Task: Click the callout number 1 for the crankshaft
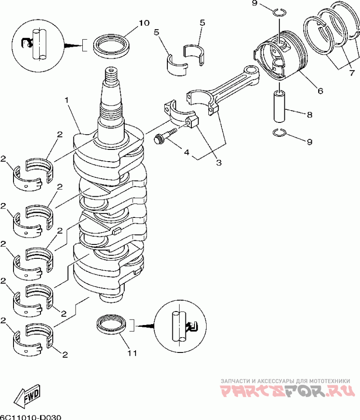pos(67,100)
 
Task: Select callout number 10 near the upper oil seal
pos(144,23)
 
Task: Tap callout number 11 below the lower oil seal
pos(132,353)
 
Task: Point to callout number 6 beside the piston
pos(320,91)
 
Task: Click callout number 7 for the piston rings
pos(352,72)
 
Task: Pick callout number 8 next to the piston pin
pos(310,115)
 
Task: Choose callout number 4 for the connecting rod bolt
pos(187,152)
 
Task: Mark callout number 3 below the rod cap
pos(219,163)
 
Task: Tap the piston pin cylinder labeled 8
pos(279,106)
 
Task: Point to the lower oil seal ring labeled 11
pos(111,324)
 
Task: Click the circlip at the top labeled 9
pos(280,12)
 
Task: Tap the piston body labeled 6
pos(280,55)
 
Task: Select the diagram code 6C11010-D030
pos(31,417)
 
